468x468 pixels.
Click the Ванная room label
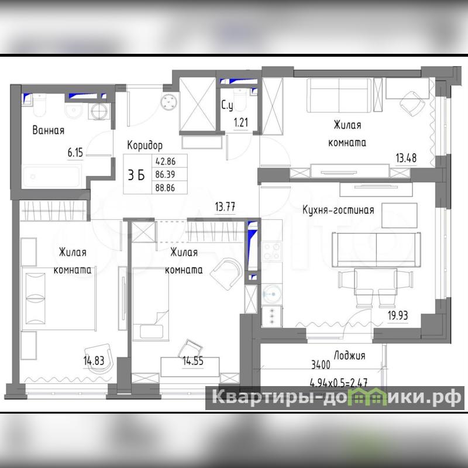click(x=49, y=130)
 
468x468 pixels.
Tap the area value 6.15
click(x=75, y=153)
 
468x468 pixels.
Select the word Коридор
click(x=145, y=145)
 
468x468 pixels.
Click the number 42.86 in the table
click(x=166, y=161)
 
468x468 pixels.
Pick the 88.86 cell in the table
click(x=165, y=188)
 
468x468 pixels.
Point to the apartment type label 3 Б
click(x=136, y=175)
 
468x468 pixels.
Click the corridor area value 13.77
click(x=225, y=207)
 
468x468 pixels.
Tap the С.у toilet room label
click(x=227, y=106)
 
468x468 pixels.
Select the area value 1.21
click(x=241, y=122)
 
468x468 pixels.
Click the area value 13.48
click(x=406, y=158)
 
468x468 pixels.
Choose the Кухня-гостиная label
click(x=339, y=210)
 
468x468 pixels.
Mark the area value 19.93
click(x=398, y=315)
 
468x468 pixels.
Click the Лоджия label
click(x=349, y=356)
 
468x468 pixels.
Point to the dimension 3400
click(x=321, y=364)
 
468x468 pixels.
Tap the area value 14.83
click(x=94, y=361)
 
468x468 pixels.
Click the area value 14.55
click(x=193, y=361)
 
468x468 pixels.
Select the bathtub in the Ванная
click(x=52, y=176)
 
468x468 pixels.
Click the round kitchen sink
click(x=271, y=294)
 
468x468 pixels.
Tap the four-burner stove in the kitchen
click(x=271, y=251)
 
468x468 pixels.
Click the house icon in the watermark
click(x=367, y=397)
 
